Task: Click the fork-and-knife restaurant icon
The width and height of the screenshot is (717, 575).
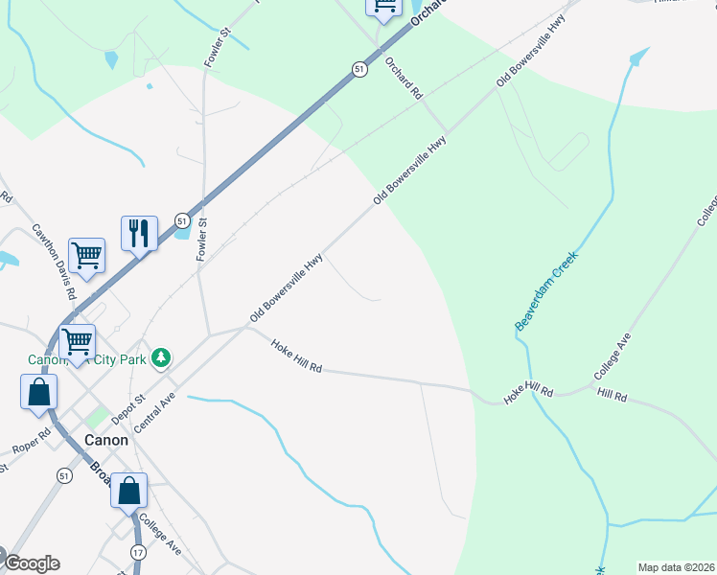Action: [139, 233]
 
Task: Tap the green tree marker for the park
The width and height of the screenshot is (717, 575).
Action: [162, 357]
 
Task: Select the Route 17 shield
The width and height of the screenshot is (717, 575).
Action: [138, 552]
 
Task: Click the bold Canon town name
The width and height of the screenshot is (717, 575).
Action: [104, 440]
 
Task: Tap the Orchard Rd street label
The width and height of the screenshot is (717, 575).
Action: [404, 79]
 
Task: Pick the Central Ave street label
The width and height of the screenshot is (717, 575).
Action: [156, 411]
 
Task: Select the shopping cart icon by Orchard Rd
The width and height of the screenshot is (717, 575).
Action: [384, 6]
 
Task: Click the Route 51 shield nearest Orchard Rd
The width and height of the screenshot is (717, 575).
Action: [358, 70]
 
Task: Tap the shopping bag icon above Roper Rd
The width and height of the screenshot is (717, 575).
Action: [38, 392]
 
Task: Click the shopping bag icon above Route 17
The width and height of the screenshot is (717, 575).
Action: [128, 491]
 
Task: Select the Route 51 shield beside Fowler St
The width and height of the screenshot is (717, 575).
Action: [182, 221]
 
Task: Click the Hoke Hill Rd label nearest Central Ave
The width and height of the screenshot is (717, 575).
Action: [296, 356]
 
